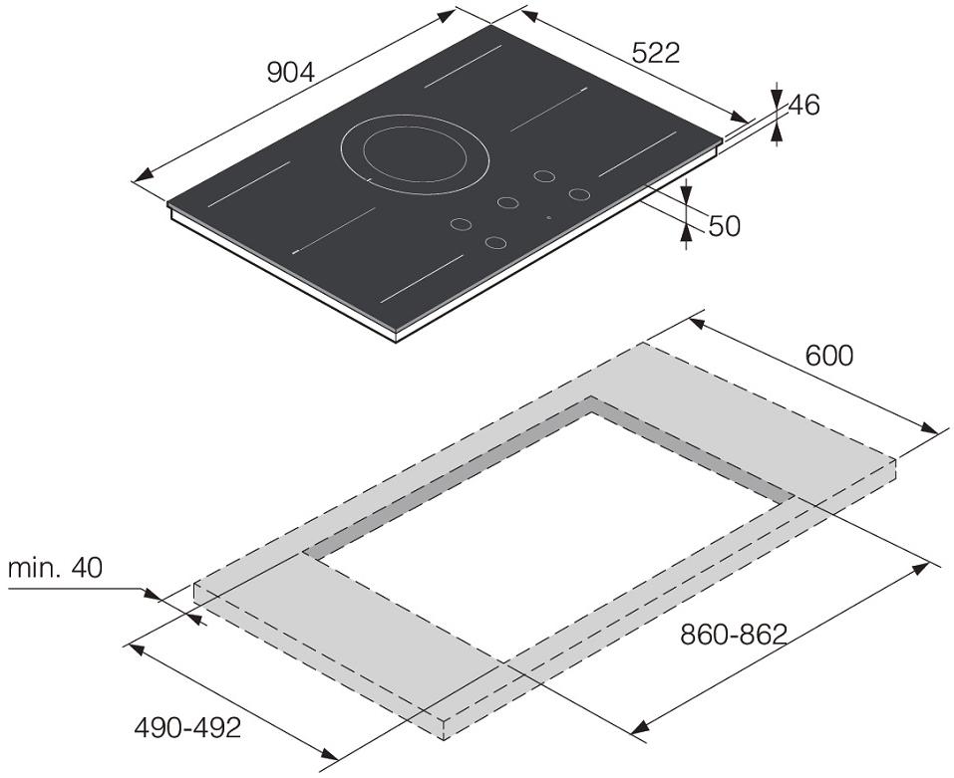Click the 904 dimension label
291,73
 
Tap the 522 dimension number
656,54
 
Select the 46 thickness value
804,106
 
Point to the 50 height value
724,226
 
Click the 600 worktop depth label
829,356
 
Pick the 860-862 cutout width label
734,636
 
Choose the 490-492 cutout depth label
188,727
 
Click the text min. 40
56,568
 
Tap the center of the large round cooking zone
415,154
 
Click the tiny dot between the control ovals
549,217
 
